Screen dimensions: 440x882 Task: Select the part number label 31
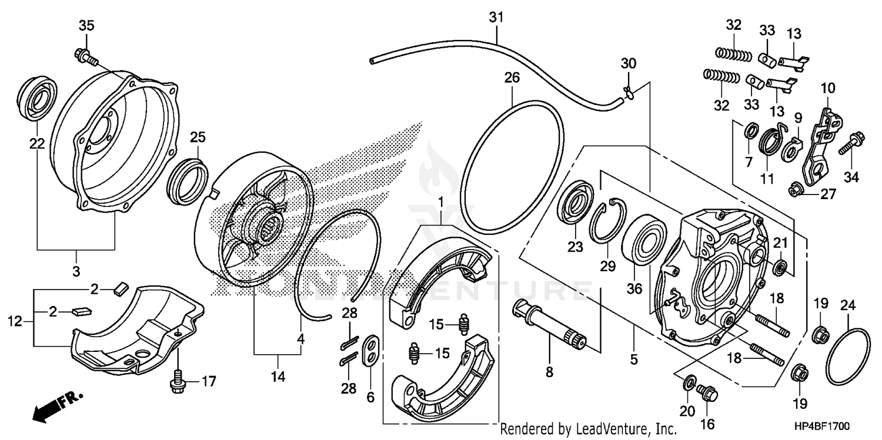(x=496, y=18)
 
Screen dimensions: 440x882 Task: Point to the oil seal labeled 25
(x=189, y=182)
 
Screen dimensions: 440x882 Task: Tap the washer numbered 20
(x=688, y=384)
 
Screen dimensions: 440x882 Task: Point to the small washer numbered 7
(x=751, y=130)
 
